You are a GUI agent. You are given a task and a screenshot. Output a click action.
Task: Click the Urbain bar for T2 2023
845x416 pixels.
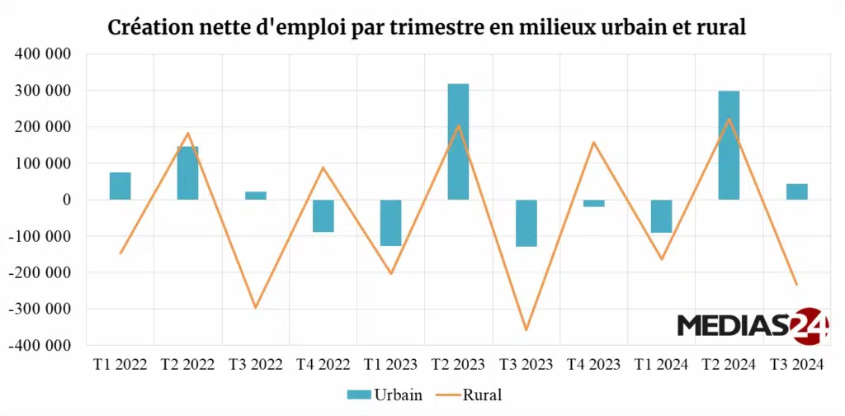click(458, 141)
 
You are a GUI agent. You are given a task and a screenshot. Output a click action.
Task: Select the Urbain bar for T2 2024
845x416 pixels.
click(729, 145)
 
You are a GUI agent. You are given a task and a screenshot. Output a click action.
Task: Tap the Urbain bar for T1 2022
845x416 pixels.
click(120, 186)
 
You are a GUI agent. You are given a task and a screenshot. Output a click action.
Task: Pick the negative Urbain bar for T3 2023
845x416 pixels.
click(526, 223)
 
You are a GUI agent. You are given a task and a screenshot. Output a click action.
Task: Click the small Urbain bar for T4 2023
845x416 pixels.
click(593, 203)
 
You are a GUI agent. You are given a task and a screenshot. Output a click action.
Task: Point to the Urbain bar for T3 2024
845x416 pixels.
click(796, 191)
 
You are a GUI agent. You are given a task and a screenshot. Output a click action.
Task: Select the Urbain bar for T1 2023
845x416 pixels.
click(390, 223)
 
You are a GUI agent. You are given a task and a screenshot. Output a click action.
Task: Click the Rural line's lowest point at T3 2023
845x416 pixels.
click(526, 330)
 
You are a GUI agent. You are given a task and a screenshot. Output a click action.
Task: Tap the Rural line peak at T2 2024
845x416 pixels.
click(729, 119)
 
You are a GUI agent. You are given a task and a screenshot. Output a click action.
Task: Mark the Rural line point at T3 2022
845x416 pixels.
click(256, 308)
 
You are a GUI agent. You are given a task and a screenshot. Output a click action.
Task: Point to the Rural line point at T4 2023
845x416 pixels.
click(593, 142)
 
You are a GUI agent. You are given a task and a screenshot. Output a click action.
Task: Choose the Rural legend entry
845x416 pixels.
click(467, 395)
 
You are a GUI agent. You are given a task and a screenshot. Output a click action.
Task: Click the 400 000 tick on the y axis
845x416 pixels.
click(41, 54)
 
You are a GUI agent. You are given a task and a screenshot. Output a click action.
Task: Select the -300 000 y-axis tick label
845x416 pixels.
click(39, 309)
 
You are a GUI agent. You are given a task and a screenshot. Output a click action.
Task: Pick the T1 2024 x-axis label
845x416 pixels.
click(661, 365)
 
